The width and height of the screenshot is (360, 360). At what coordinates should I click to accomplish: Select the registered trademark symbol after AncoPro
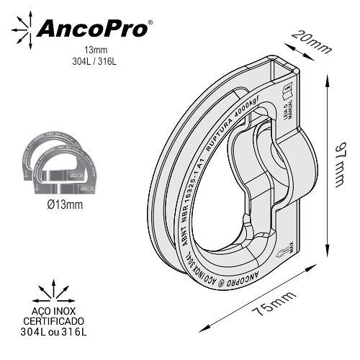click(x=149, y=22)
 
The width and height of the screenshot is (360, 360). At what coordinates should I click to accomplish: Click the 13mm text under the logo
click(x=94, y=50)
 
